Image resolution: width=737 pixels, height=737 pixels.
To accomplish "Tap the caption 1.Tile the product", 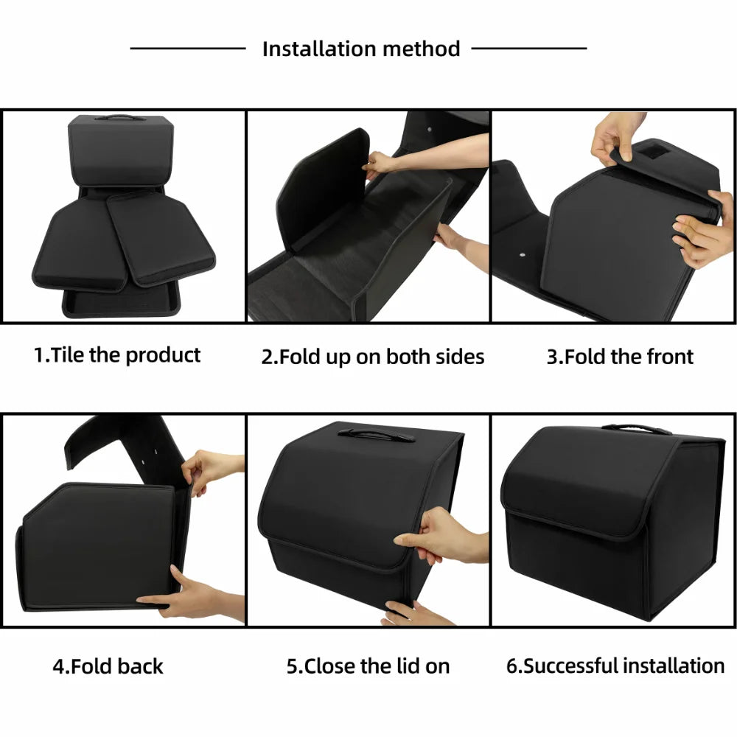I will [117, 355].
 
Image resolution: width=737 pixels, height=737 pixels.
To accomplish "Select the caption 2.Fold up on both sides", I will [373, 357].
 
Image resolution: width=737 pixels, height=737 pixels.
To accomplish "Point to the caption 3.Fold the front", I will [620, 357].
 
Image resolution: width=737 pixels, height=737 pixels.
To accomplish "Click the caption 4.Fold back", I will [108, 667].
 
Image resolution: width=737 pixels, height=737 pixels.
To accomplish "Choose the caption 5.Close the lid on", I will [368, 667].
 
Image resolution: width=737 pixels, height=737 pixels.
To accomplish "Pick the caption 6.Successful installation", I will [615, 667].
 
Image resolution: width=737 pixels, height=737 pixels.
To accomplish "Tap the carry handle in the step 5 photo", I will [376, 435].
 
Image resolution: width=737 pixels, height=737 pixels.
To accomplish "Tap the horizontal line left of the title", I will [188, 49].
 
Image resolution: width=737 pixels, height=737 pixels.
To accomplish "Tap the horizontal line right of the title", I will [528, 49].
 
